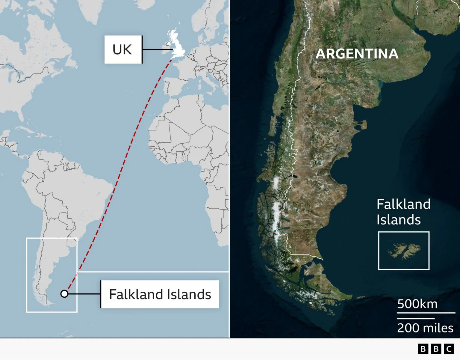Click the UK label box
pos(123,49)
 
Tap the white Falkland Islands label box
pos(160,294)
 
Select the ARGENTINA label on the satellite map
pos(357,54)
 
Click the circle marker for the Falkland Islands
pos(64,294)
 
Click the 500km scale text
pos(417,304)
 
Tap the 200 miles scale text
pos(425,328)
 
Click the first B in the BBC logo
pos(423,349)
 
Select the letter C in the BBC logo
pos(449,349)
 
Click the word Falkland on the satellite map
pos(403,204)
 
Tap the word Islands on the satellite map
pos(399,220)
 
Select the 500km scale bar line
pos(426,313)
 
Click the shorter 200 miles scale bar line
pos(416,318)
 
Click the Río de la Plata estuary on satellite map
pos(425,33)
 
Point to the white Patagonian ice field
pos(276,210)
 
